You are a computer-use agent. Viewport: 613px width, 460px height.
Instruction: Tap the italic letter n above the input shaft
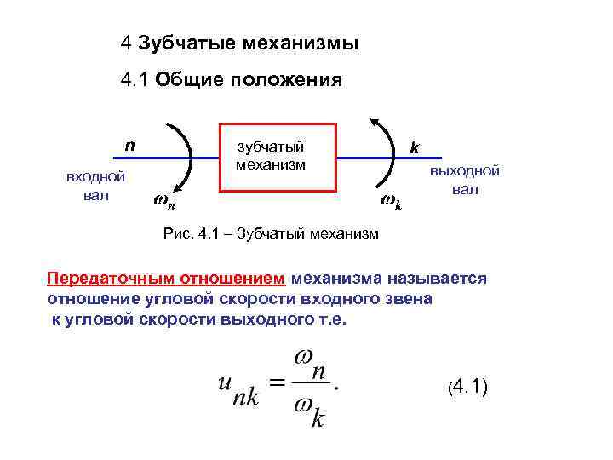pos(129,144)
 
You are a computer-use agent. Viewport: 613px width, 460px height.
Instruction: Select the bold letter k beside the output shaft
pos(414,147)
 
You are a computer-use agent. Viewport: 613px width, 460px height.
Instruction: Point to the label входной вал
pos(96,185)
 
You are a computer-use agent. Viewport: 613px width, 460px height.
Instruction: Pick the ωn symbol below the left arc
pos(164,202)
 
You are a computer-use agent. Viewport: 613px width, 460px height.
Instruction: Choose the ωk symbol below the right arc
pos(392,202)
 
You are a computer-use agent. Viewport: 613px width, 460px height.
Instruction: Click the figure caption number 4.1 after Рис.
pos(207,234)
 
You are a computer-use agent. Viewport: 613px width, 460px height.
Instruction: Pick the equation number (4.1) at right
pos(467,388)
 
